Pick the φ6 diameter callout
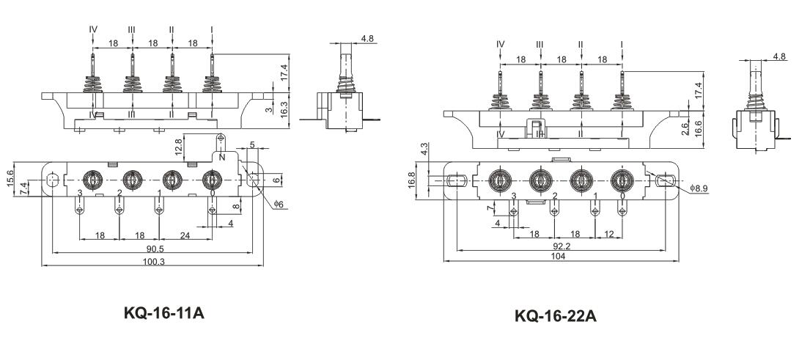[x=279, y=205]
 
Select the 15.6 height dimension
[x=11, y=177]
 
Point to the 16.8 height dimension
[x=412, y=180]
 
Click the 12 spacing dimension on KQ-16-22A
[x=608, y=234]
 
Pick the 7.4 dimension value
[x=23, y=186]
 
